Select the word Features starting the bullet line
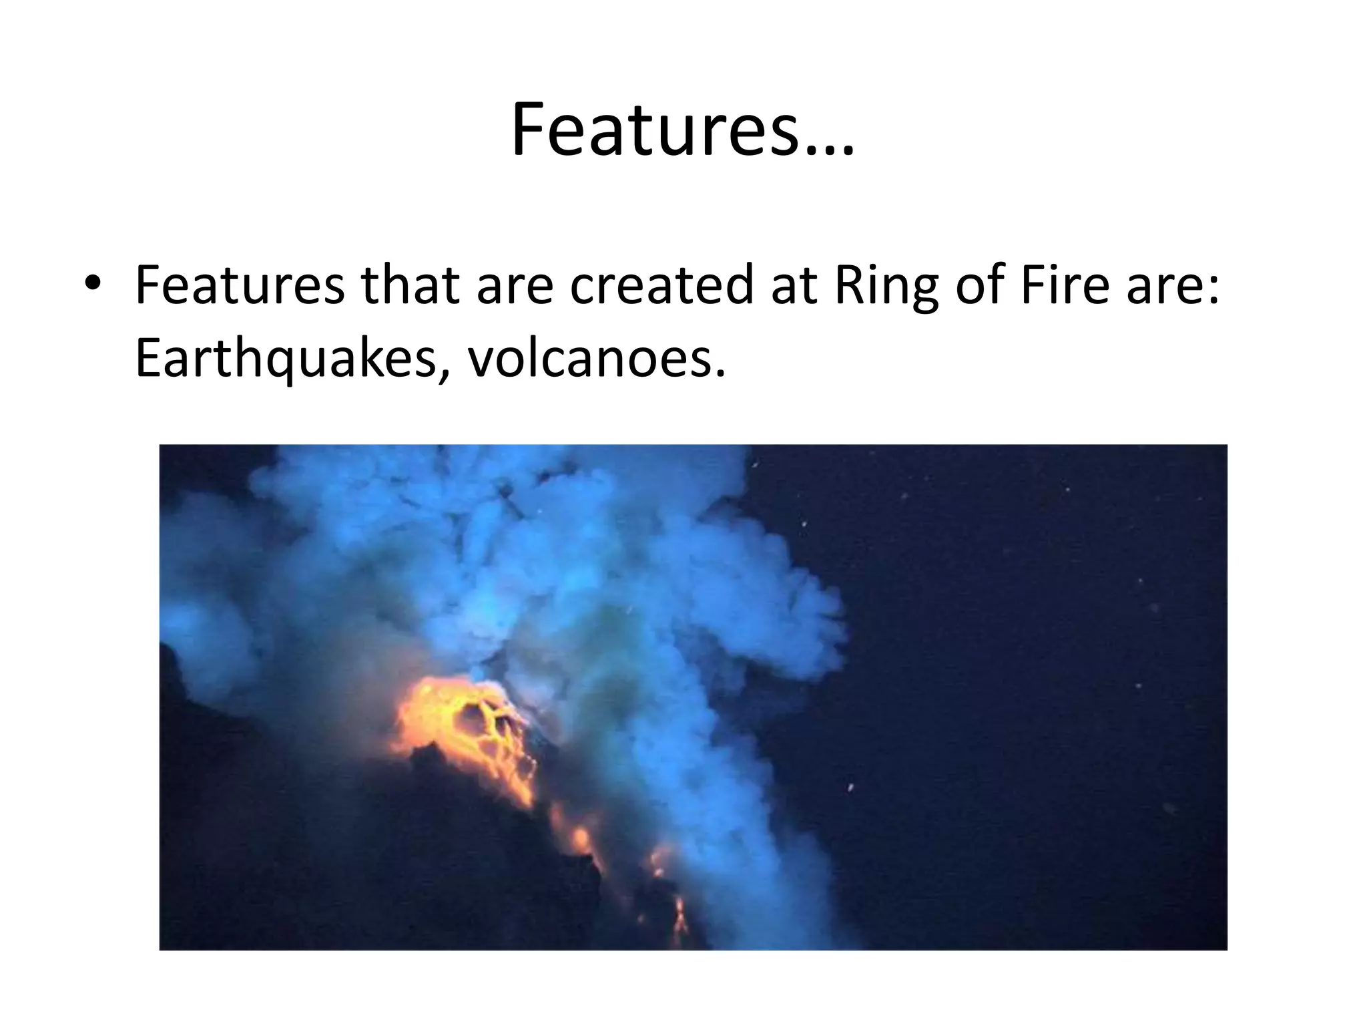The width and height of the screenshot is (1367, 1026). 240,285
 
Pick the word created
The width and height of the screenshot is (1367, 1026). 661,285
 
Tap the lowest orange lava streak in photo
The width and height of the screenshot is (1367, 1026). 680,918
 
